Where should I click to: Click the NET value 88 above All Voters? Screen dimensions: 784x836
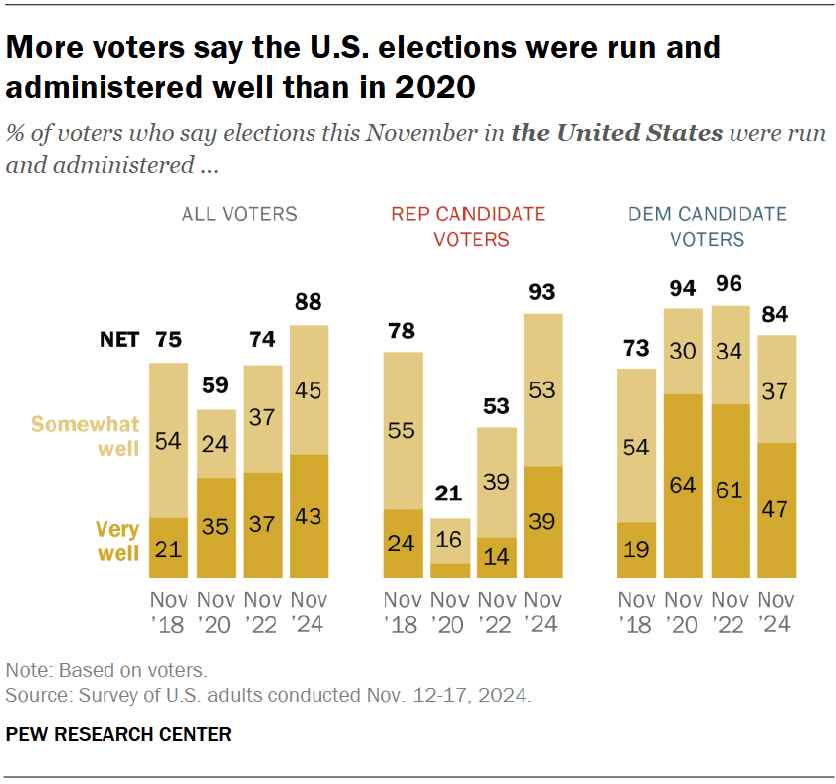pyautogui.click(x=309, y=302)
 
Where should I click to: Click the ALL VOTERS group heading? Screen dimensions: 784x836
pyautogui.click(x=239, y=214)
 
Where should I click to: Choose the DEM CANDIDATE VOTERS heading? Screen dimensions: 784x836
pyautogui.click(x=707, y=226)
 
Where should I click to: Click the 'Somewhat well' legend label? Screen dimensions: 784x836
pyautogui.click(x=86, y=436)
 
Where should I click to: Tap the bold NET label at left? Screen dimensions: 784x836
pyautogui.click(x=118, y=340)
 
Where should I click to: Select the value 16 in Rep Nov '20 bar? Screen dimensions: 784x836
pyautogui.click(x=450, y=540)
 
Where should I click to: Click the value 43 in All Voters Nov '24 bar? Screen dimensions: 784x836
pyautogui.click(x=309, y=515)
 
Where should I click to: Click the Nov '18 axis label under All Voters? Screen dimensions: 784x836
pyautogui.click(x=168, y=613)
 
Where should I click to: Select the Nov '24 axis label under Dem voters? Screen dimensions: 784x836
pyautogui.click(x=776, y=613)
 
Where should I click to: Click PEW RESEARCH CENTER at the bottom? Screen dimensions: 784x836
pyautogui.click(x=118, y=735)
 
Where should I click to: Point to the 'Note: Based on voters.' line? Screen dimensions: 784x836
pyautogui.click(x=106, y=671)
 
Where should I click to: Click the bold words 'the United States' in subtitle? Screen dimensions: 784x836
pyautogui.click(x=616, y=133)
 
